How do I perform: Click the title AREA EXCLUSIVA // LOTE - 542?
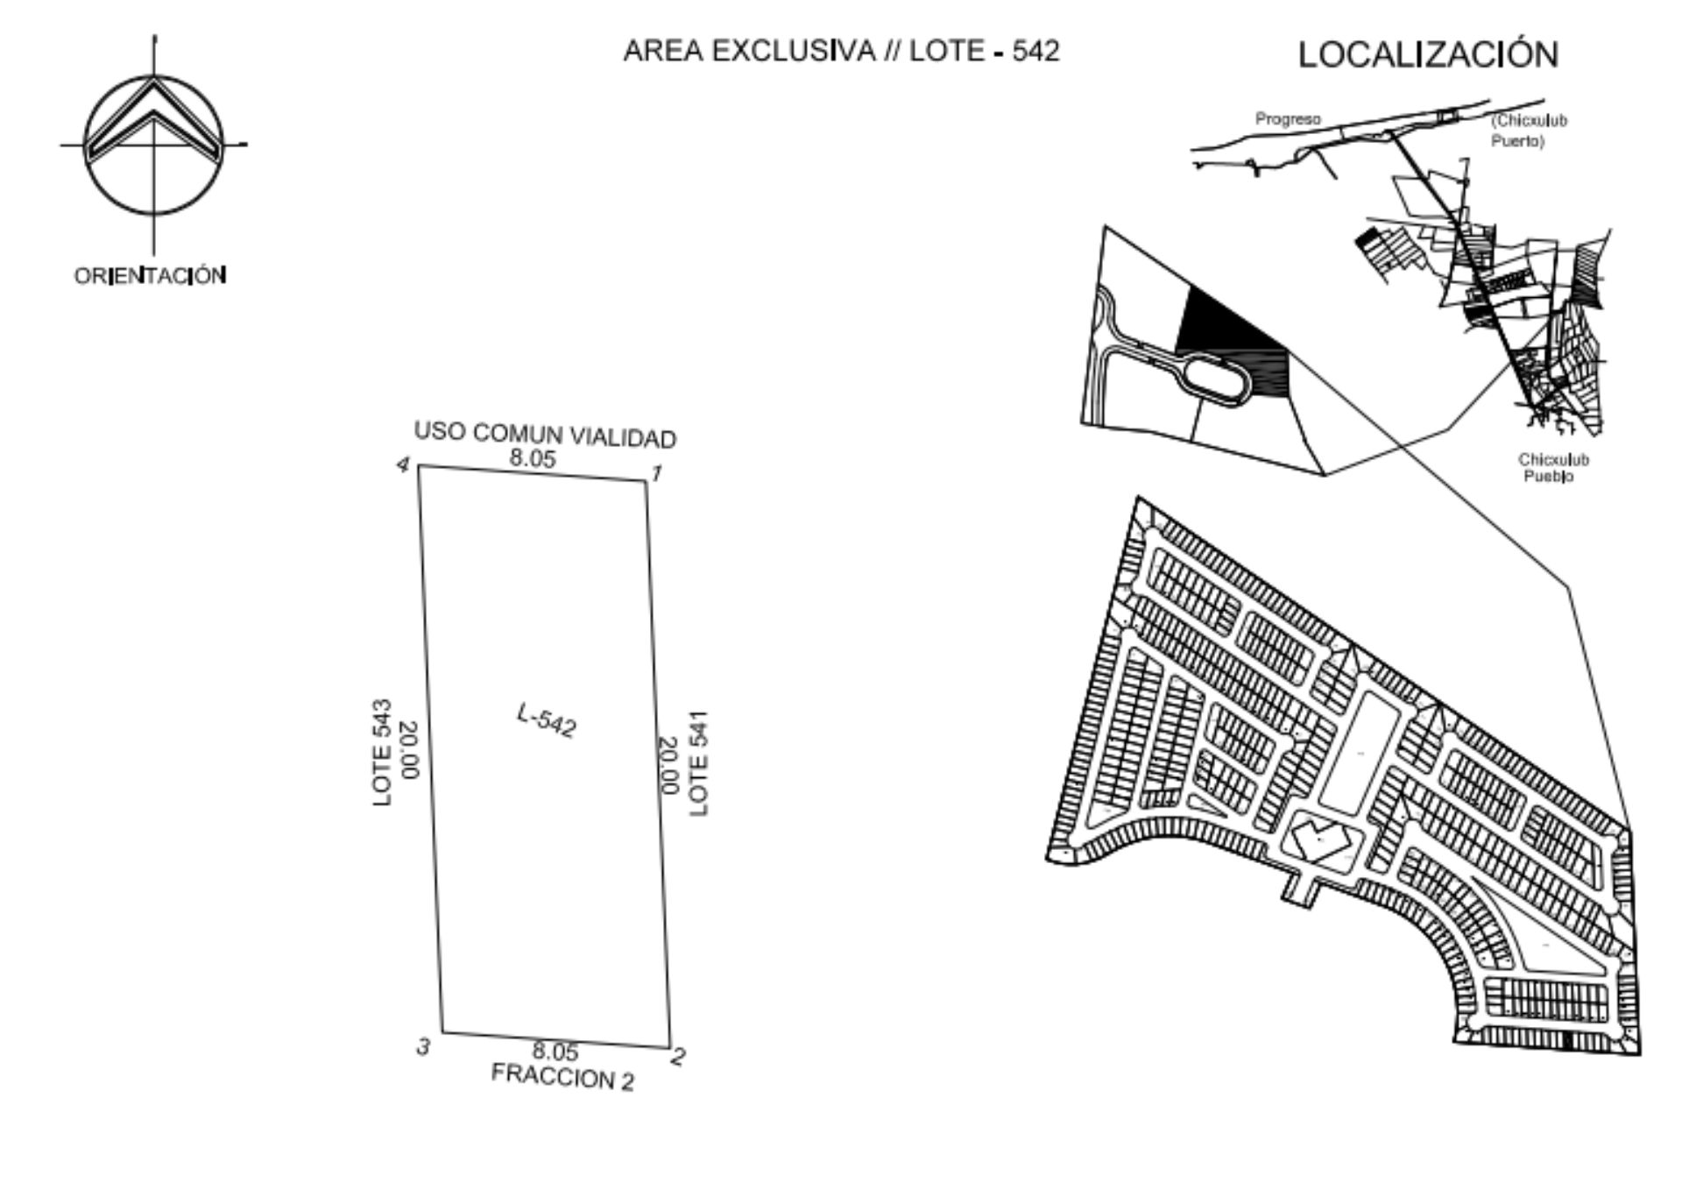(841, 51)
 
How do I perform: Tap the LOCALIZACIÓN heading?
(1428, 54)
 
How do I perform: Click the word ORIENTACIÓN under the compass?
(150, 276)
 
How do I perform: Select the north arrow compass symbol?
(153, 145)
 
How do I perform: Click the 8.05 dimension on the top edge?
(533, 457)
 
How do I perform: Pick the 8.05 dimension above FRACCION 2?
(555, 1051)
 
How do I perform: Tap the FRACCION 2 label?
(562, 1077)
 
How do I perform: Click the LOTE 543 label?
(382, 753)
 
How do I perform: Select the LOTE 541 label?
(698, 763)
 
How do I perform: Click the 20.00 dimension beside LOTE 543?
(410, 750)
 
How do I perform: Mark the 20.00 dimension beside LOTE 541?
(668, 765)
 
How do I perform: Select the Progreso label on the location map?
(1288, 119)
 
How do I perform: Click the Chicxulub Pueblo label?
(1553, 468)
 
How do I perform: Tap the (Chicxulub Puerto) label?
(1529, 131)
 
